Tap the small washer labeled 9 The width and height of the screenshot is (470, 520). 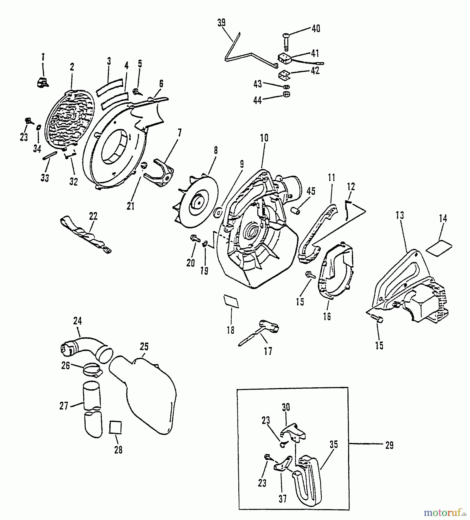pos(218,213)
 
